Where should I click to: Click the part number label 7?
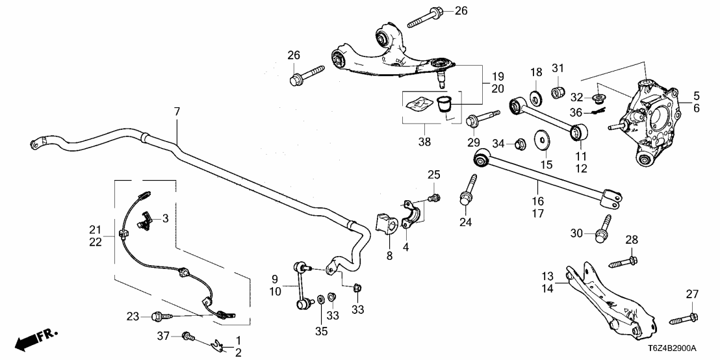pyautogui.click(x=176, y=112)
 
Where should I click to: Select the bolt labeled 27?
pyautogui.click(x=682, y=318)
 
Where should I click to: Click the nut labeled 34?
pyautogui.click(x=519, y=143)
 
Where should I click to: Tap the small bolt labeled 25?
pyautogui.click(x=435, y=197)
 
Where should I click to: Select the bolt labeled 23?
pyautogui.click(x=159, y=316)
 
